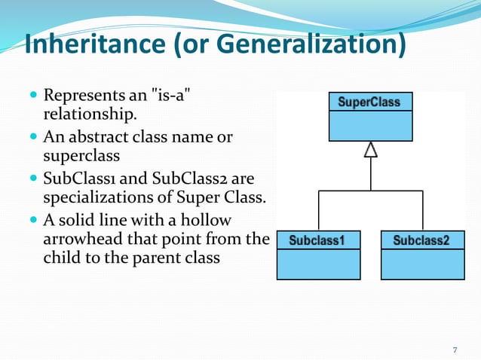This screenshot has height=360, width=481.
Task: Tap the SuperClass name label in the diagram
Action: (x=369, y=102)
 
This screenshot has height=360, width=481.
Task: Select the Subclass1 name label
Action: (x=317, y=240)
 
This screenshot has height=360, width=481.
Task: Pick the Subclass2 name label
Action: (x=421, y=240)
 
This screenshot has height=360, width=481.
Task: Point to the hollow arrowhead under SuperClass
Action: (x=370, y=150)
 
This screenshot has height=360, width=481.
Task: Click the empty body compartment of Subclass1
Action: (x=317, y=264)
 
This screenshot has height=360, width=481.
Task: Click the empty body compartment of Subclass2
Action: (x=421, y=264)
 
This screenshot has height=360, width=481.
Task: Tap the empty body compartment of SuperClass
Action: (x=369, y=126)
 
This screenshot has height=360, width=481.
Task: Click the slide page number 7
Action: (x=455, y=349)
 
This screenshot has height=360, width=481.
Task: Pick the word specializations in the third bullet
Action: (x=92, y=197)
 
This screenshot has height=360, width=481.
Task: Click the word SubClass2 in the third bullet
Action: (x=185, y=179)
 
